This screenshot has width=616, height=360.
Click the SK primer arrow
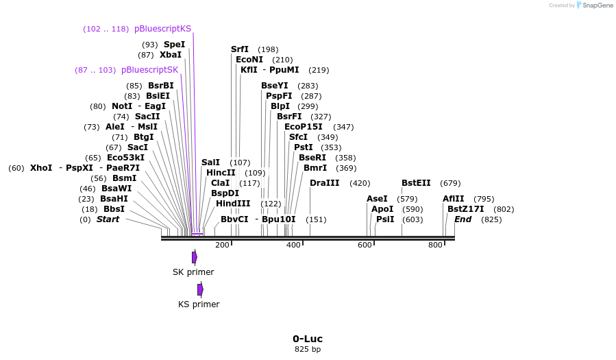pyautogui.click(x=195, y=257)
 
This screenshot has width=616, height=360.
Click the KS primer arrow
pyautogui.click(x=200, y=289)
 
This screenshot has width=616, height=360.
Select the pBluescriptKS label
pyautogui.click(x=162, y=29)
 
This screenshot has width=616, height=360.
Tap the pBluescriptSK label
pyautogui.click(x=149, y=70)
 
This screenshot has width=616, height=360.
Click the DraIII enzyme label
pyautogui.click(x=324, y=183)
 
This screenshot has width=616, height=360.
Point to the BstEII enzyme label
pyautogui.click(x=416, y=183)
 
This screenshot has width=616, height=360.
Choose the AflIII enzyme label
pyautogui.click(x=453, y=199)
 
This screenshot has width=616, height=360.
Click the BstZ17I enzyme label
pyautogui.click(x=465, y=209)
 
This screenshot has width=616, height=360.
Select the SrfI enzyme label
pyautogui.click(x=240, y=49)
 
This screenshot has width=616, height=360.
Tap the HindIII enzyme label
pyautogui.click(x=233, y=204)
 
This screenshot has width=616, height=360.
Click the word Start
pyautogui.click(x=108, y=219)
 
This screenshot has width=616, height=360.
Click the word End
pyautogui.click(x=463, y=219)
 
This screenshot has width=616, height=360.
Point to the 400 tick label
pyautogui.click(x=293, y=245)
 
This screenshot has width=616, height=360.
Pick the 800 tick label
pyautogui.click(x=435, y=245)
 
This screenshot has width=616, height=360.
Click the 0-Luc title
pyautogui.click(x=308, y=339)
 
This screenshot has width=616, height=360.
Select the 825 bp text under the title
pyautogui.click(x=308, y=350)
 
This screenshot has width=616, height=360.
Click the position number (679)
pyautogui.click(x=450, y=183)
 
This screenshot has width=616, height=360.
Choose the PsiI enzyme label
pyautogui.click(x=385, y=219)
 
